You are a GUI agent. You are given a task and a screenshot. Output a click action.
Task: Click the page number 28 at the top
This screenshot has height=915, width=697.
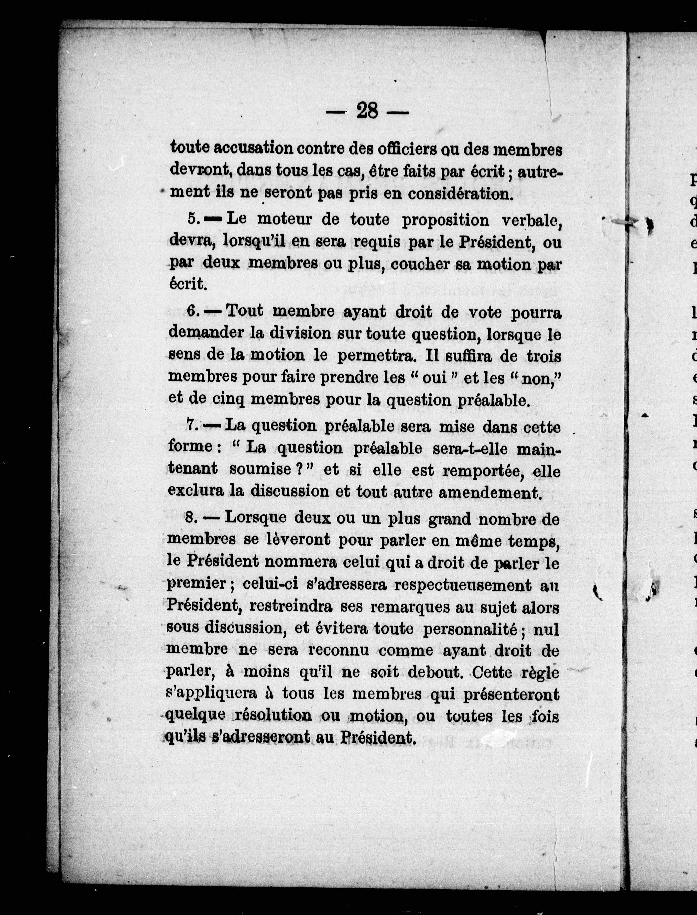367,111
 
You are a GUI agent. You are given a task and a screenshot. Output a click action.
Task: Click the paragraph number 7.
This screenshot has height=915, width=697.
191,425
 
